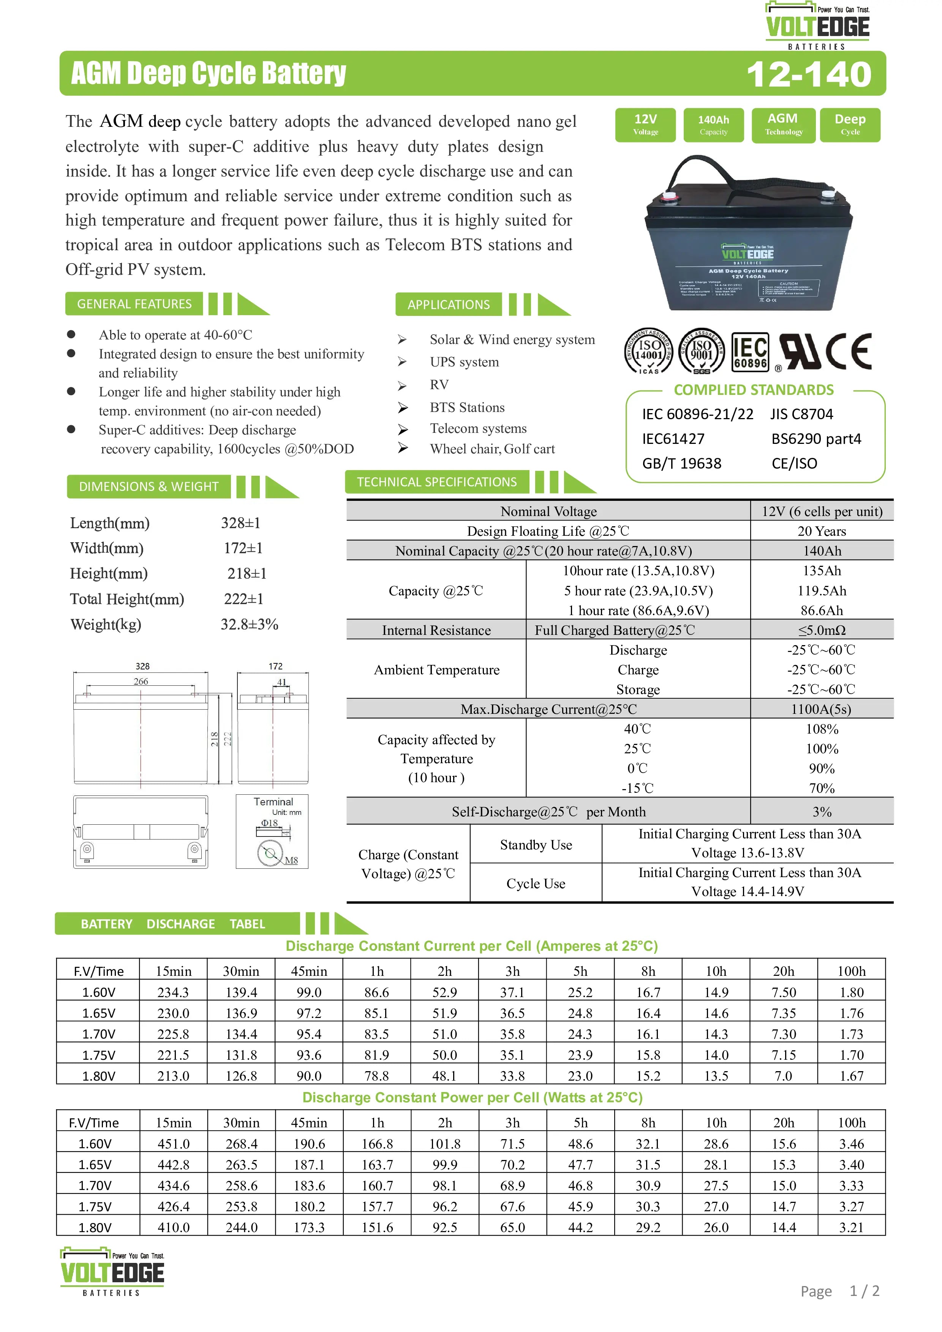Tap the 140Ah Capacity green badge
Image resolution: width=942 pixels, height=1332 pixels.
[713, 125]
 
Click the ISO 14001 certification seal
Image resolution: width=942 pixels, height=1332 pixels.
[648, 351]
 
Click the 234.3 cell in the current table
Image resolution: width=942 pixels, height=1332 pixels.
[173, 993]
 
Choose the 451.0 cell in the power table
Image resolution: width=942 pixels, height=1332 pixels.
[174, 1144]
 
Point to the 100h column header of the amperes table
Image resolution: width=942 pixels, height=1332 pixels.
[852, 972]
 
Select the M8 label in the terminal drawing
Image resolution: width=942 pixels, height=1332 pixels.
[291, 860]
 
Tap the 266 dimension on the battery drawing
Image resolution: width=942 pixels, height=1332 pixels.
[141, 682]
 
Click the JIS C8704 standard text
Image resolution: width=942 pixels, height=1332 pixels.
[801, 414]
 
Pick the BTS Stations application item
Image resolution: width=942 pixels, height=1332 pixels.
[467, 407]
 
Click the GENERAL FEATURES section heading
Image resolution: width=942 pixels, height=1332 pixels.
[134, 304]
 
